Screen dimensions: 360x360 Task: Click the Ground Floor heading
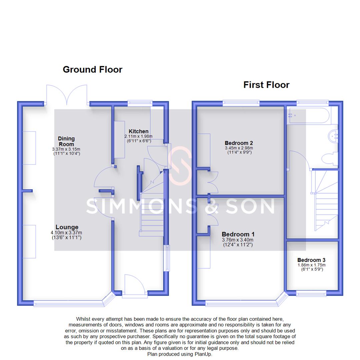(x=92, y=69)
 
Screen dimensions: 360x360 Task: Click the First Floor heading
(x=266, y=85)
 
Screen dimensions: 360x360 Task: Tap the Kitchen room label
(x=138, y=131)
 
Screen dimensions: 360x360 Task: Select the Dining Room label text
(x=66, y=141)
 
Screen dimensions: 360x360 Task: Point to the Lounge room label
(x=67, y=227)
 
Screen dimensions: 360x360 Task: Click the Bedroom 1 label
(x=235, y=234)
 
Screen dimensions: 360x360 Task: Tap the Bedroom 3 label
(x=311, y=260)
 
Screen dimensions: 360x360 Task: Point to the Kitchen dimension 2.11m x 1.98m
(x=138, y=136)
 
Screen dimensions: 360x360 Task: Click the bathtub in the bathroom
(x=309, y=115)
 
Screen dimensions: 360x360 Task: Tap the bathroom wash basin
(x=333, y=136)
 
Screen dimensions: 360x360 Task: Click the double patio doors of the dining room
(x=67, y=95)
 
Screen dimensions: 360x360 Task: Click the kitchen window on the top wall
(x=140, y=103)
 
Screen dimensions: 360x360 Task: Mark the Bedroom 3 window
(x=311, y=293)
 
